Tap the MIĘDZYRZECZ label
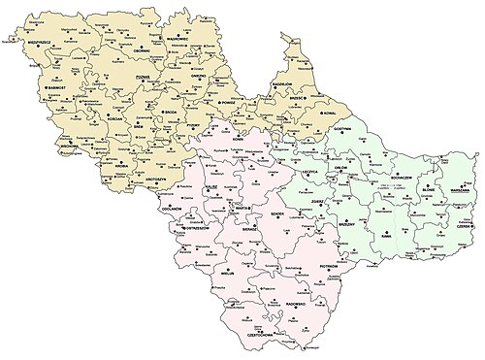tap(33, 43)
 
